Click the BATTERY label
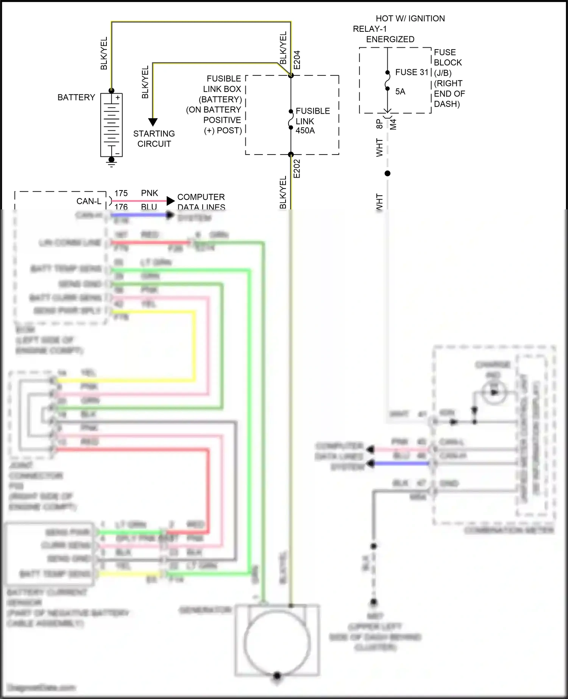[x=76, y=97]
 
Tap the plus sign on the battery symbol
[x=118, y=98]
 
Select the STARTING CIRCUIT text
[x=154, y=139]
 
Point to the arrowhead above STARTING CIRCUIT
[x=153, y=122]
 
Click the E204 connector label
[x=297, y=60]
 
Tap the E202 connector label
[x=297, y=169]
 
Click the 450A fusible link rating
[x=305, y=131]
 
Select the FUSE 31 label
[x=412, y=72]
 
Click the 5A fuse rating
[x=400, y=92]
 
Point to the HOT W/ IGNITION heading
[x=410, y=19]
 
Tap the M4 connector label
[x=393, y=124]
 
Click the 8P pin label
[x=379, y=124]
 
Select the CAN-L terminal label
[x=89, y=201]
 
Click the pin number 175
[x=121, y=193]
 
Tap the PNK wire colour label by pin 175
[x=149, y=193]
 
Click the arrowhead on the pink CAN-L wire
[x=170, y=201]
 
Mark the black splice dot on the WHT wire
[x=387, y=173]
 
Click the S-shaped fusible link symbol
[x=290, y=119]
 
